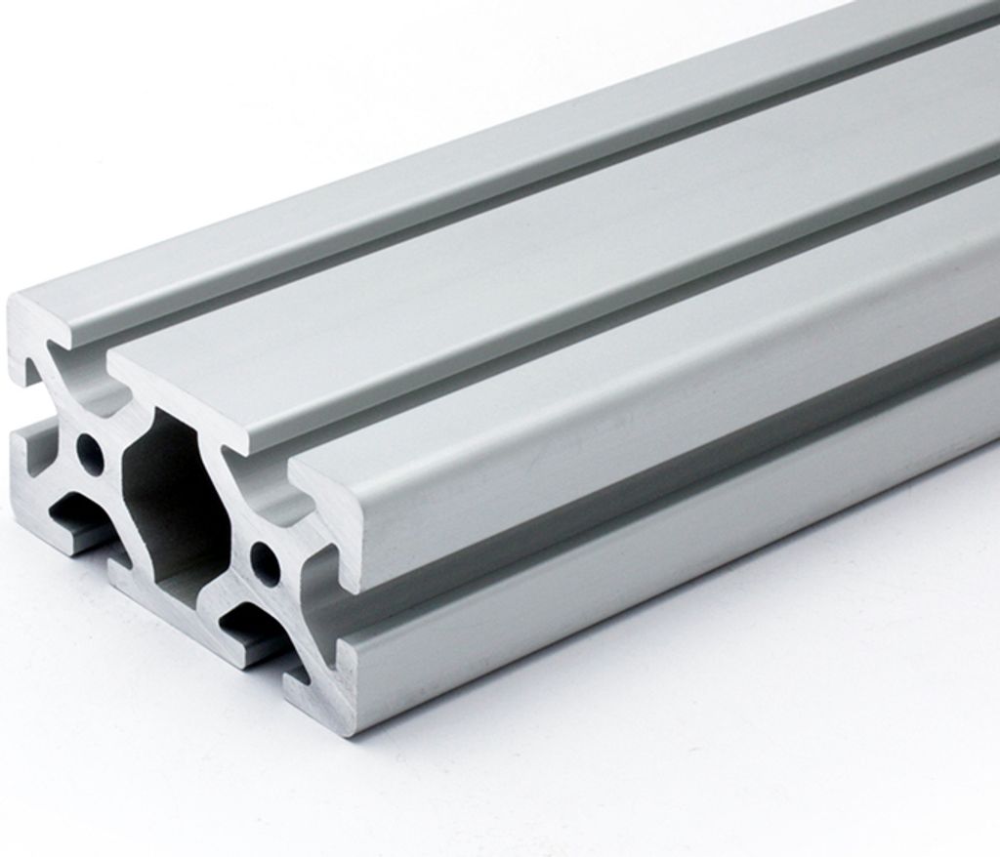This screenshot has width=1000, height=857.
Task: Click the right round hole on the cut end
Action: (x=265, y=561)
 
